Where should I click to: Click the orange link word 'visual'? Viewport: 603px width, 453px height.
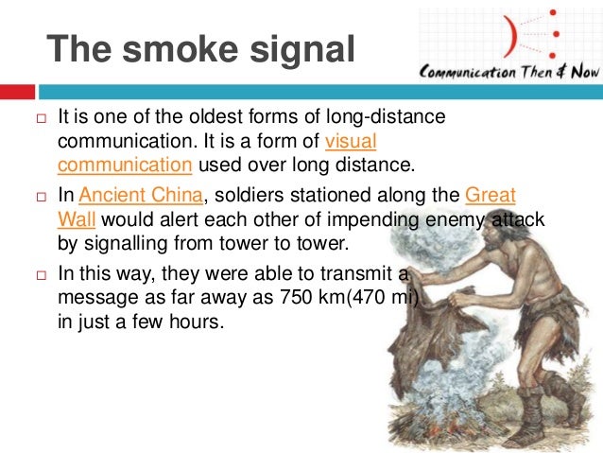(350, 143)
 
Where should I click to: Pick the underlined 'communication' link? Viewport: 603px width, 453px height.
(125, 166)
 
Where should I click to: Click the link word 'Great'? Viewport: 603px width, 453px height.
(491, 196)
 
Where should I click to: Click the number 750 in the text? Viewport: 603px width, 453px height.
(294, 297)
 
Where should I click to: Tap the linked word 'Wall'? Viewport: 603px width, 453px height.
(77, 219)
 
